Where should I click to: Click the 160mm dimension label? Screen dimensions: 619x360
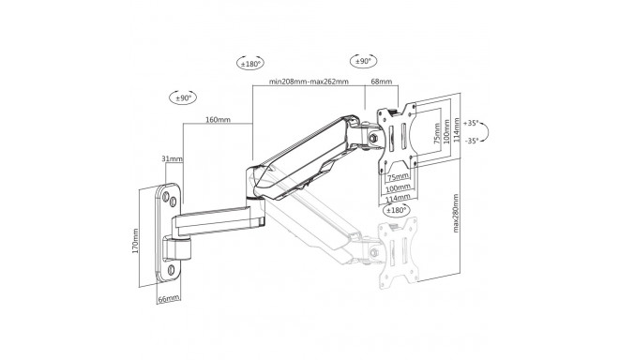(218, 119)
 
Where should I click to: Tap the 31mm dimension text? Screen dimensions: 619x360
(173, 158)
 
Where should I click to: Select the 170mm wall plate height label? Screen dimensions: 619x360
(135, 240)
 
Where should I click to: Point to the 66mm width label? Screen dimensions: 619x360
(169, 299)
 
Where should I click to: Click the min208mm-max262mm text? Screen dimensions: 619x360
(309, 82)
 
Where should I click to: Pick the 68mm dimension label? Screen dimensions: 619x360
(382, 82)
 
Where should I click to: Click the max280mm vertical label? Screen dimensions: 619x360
(456, 213)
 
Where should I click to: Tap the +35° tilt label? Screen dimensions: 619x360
(471, 123)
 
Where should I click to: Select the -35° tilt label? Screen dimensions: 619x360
(472, 140)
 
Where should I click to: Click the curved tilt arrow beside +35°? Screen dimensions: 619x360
(487, 131)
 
